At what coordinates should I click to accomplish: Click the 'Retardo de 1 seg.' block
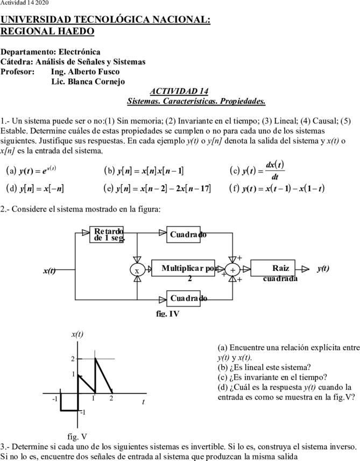pos(107,234)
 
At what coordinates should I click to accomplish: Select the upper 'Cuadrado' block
pos(183,234)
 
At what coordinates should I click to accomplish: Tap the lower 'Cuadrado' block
pos(183,298)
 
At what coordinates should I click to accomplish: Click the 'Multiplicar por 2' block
pos(183,268)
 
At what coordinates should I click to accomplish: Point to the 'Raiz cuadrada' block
pos(273,268)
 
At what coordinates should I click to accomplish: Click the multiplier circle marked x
pos(137,270)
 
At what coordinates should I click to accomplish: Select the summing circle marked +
pos(232,270)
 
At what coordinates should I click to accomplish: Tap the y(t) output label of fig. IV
pos(323,268)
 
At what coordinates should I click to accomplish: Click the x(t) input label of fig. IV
pos(50,270)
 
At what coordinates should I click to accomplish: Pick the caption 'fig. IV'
pos(167,313)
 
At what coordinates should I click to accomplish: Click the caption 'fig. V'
pos(77,437)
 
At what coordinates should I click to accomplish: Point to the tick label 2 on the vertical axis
pos(73,359)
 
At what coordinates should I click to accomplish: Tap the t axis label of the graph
pos(143,402)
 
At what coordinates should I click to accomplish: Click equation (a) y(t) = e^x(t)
pos(31,170)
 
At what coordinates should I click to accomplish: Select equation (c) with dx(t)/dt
pos(257,170)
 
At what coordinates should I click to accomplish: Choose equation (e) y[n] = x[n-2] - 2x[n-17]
pos(157,188)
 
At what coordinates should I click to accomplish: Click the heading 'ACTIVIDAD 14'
pos(179,91)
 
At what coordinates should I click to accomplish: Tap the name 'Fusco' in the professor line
pos(107,72)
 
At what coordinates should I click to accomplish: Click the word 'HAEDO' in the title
pos(76,31)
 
